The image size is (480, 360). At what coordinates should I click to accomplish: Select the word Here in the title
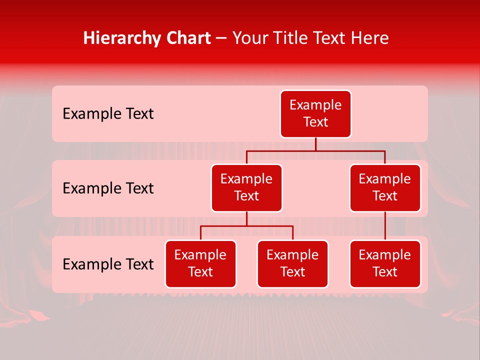click(369, 38)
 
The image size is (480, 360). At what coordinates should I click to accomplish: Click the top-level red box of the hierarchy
click(315, 114)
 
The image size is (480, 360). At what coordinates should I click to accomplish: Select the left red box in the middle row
click(246, 188)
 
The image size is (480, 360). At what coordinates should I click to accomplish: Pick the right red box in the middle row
click(385, 188)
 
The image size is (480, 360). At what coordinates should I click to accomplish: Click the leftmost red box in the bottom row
click(200, 264)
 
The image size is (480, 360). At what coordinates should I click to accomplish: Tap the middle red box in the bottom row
click(292, 264)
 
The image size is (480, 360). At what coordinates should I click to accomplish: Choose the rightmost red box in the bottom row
click(385, 264)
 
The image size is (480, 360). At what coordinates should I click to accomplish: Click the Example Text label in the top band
click(108, 114)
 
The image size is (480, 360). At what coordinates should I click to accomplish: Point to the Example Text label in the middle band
click(108, 188)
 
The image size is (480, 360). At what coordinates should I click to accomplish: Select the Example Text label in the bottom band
click(108, 264)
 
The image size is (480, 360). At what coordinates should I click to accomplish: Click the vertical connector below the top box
click(315, 144)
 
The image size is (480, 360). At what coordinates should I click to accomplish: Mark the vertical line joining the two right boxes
click(385, 226)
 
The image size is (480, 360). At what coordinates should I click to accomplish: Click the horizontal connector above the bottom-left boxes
click(246, 226)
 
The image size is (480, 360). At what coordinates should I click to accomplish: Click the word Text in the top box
click(315, 122)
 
